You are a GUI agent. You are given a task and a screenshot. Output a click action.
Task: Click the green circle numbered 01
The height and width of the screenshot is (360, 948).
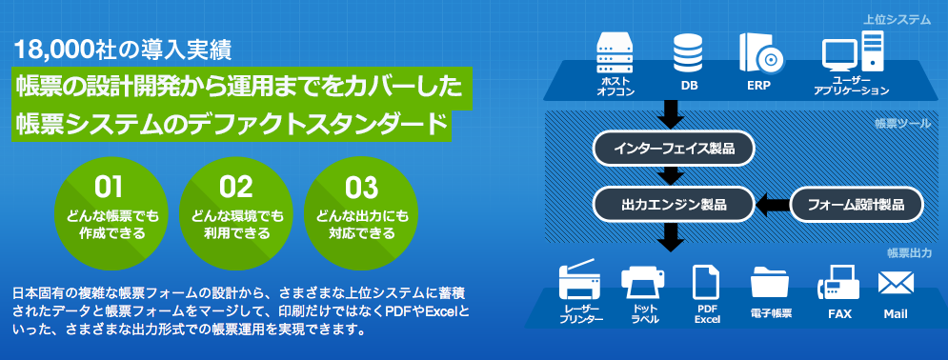(110, 212)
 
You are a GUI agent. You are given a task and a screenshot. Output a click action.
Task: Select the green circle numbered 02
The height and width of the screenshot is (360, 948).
(235, 212)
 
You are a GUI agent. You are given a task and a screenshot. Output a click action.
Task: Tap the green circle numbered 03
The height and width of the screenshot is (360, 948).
(361, 212)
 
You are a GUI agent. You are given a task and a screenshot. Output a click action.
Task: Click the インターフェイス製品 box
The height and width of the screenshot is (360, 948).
(673, 149)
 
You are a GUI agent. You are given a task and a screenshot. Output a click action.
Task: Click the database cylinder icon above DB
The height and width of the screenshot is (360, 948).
(689, 53)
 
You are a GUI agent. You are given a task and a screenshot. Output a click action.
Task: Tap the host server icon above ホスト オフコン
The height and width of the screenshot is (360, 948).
(614, 53)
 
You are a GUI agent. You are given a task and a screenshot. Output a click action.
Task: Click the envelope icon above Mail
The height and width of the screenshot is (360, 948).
(896, 282)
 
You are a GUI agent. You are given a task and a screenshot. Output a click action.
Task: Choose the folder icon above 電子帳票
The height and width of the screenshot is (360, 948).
(770, 282)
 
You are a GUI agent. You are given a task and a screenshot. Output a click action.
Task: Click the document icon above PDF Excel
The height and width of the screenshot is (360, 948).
(706, 282)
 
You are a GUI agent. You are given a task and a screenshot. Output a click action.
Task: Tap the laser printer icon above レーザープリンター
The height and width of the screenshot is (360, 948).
(580, 281)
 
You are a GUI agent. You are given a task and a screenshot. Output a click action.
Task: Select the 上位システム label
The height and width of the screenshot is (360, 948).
(898, 20)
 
